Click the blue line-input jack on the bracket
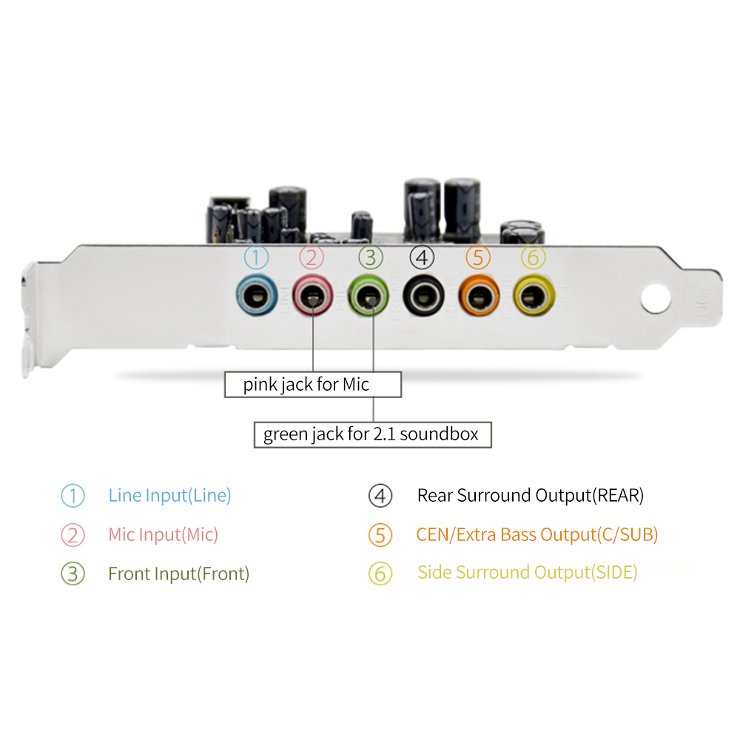pyautogui.click(x=256, y=297)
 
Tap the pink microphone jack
pyautogui.click(x=312, y=297)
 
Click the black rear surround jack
pyautogui.click(x=422, y=297)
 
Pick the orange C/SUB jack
pyautogui.click(x=478, y=297)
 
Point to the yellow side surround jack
pyautogui.click(x=533, y=297)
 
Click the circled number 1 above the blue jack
pyautogui.click(x=256, y=258)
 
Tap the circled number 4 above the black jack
pyautogui.click(x=422, y=258)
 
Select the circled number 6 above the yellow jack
pyautogui.click(x=533, y=258)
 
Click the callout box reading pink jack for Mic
pyautogui.click(x=312, y=385)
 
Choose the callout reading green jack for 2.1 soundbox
pyautogui.click(x=371, y=434)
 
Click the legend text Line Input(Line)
pyautogui.click(x=169, y=495)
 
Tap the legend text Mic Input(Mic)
pyautogui.click(x=163, y=534)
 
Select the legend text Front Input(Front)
pyautogui.click(x=178, y=573)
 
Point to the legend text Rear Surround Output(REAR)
pyautogui.click(x=530, y=495)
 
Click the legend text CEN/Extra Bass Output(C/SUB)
pyautogui.click(x=536, y=534)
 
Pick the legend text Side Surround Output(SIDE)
pyautogui.click(x=527, y=572)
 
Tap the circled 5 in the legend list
pyautogui.click(x=380, y=535)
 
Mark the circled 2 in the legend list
pyautogui.click(x=73, y=535)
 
